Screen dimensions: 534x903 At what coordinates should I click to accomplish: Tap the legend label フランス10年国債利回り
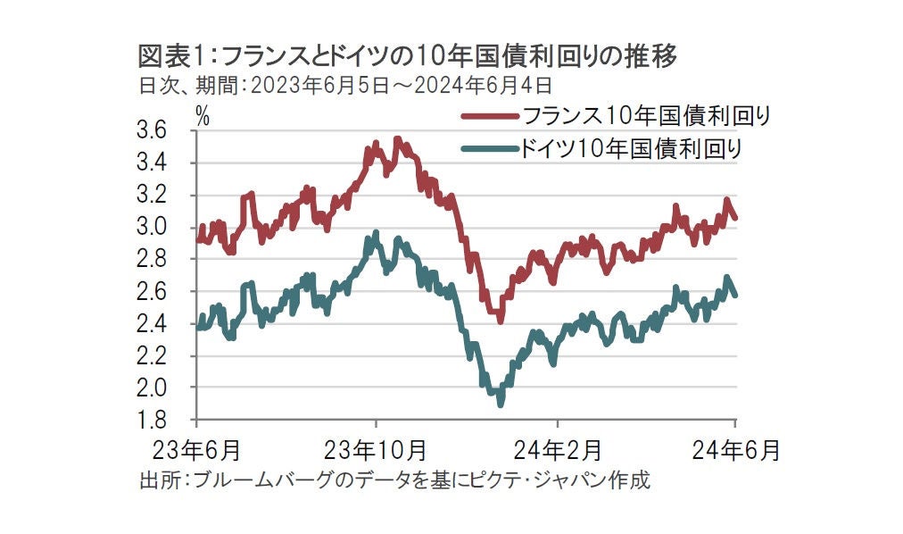[x=645, y=116]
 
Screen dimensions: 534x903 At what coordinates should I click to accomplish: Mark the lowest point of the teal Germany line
[x=501, y=404]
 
